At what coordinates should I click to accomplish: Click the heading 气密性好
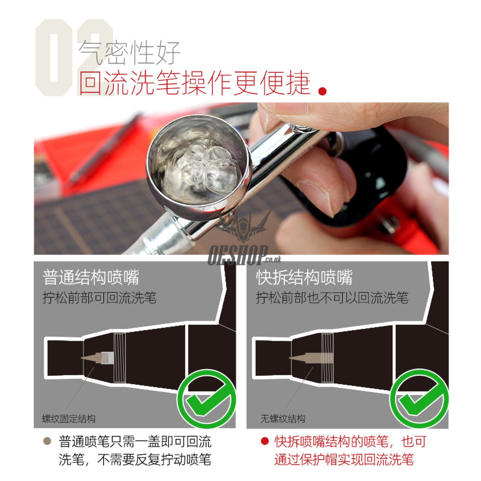point(129,53)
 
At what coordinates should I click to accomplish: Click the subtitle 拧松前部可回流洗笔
point(100,298)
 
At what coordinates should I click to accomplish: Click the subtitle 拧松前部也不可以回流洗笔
point(332,298)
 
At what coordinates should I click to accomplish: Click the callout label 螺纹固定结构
point(69,419)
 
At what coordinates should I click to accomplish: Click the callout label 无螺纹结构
point(283,419)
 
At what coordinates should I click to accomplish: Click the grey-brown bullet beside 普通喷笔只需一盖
point(47,441)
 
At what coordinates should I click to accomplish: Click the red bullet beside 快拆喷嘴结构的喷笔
point(265,441)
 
